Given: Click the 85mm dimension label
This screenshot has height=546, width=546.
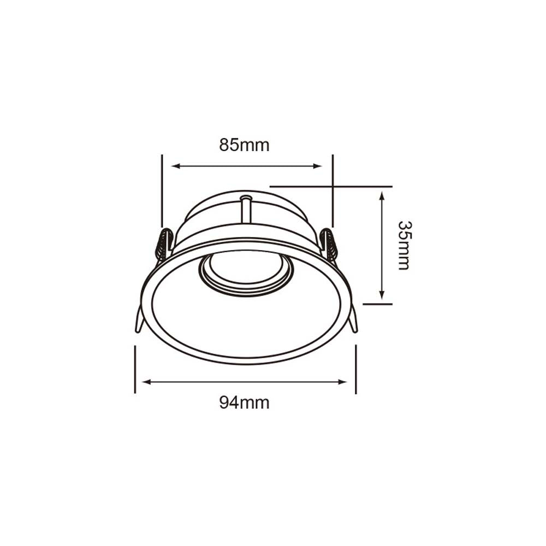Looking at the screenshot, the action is [x=245, y=145].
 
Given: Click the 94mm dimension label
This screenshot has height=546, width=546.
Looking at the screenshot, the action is [x=245, y=403].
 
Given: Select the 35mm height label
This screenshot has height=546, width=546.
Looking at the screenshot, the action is [x=404, y=246].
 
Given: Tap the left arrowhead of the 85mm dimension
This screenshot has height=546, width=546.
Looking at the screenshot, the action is [x=176, y=166].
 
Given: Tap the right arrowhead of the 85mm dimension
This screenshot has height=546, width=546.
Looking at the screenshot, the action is [x=317, y=166].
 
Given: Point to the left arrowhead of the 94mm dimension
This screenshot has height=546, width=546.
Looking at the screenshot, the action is [x=147, y=382].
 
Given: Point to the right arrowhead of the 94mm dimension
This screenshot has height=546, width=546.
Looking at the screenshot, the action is [x=342, y=382].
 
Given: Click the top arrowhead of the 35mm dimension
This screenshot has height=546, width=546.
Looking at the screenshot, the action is [x=382, y=195].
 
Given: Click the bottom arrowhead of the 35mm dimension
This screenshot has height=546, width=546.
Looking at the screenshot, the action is [x=382, y=295].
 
